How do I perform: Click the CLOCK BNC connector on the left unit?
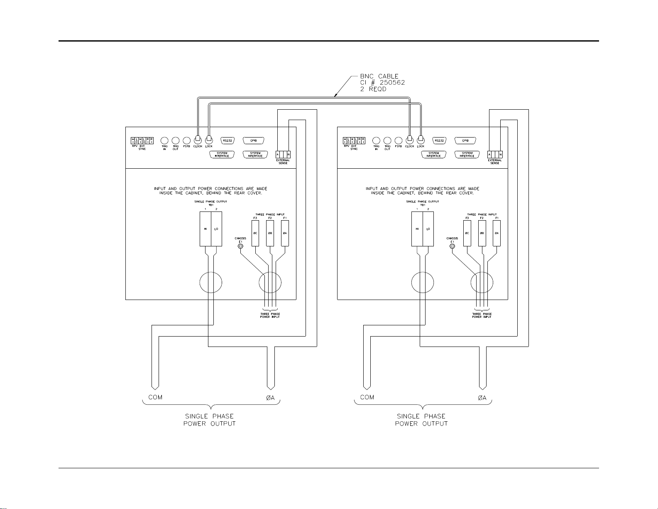(x=198, y=139)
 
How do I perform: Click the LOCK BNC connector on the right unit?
(x=421, y=139)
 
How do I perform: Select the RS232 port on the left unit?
(x=227, y=140)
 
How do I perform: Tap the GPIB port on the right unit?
(x=465, y=140)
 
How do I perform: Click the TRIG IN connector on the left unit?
(x=164, y=141)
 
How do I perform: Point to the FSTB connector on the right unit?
(x=399, y=141)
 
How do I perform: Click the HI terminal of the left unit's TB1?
(x=205, y=229)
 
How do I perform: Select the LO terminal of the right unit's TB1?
(x=428, y=229)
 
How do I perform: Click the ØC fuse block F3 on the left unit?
(x=255, y=233)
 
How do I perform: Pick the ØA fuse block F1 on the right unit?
(x=497, y=233)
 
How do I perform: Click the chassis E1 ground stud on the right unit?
(x=452, y=246)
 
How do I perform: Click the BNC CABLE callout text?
(x=379, y=76)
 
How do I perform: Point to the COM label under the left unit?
(x=156, y=397)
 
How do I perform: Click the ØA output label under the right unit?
(x=482, y=398)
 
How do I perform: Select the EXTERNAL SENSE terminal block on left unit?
(x=283, y=155)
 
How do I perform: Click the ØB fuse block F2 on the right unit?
(x=482, y=233)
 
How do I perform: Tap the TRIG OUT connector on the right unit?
(x=387, y=141)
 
